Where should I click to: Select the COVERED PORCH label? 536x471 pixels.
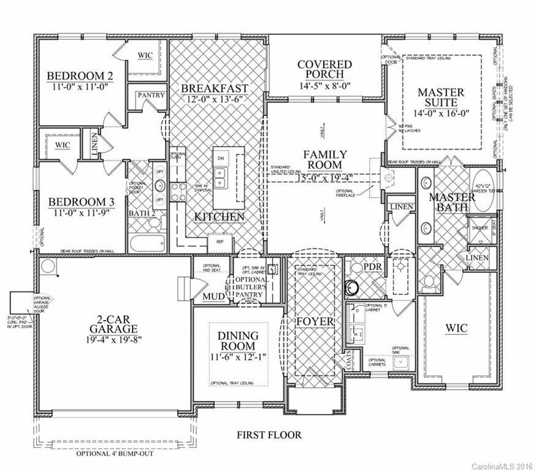[324, 70]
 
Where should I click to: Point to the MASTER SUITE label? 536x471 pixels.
[441, 98]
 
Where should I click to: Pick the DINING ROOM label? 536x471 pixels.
[238, 341]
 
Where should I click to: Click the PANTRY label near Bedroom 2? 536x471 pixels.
[150, 96]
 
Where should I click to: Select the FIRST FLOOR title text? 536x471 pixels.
[269, 435]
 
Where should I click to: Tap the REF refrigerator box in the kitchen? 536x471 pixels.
[219, 242]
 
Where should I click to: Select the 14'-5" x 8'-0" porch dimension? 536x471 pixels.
[324, 86]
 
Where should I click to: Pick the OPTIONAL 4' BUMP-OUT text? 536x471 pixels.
[115, 454]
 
